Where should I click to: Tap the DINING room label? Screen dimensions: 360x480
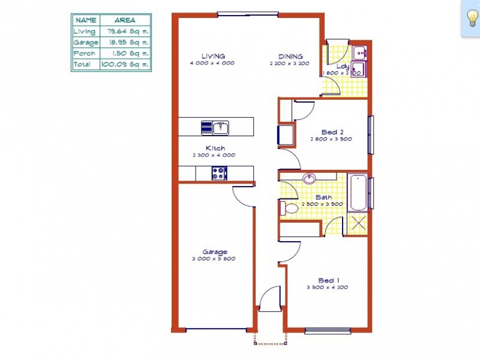pos(290,56)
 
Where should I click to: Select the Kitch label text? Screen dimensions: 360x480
pos(215,148)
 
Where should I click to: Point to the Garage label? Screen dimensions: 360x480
pos(214,252)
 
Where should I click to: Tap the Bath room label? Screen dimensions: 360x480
pos(323,197)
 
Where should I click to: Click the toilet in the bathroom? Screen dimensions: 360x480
pos(290,208)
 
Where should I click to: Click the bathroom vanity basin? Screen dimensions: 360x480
pos(310,179)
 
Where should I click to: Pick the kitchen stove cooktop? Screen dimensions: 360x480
pos(219,173)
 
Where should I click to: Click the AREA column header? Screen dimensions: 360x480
pos(124,20)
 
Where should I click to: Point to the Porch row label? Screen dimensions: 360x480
pos(84,53)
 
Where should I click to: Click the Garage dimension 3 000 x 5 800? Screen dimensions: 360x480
pos(214,259)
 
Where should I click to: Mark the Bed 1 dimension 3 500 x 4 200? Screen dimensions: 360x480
pos(328,287)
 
